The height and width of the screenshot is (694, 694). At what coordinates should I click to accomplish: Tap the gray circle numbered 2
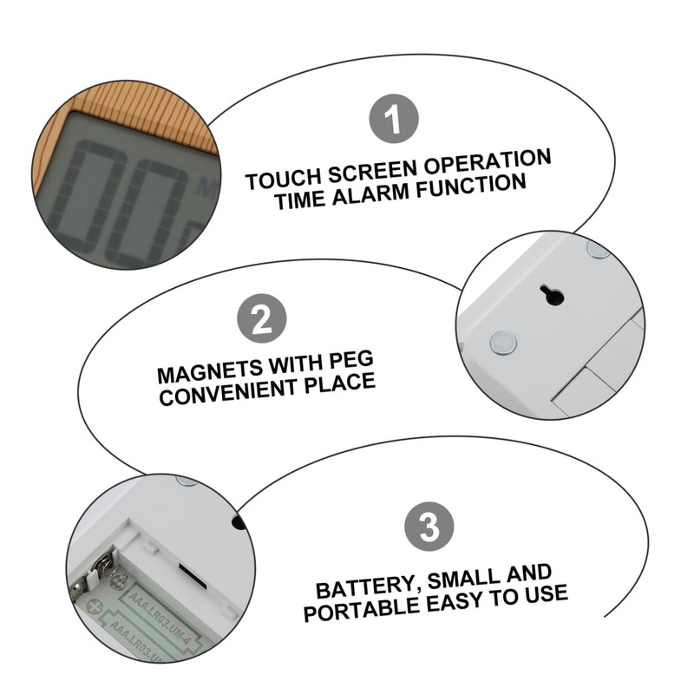coord(262,321)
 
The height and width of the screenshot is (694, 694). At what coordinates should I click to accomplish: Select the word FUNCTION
coord(474,186)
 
